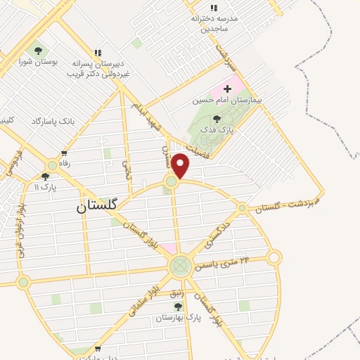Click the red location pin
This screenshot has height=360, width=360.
[181, 165]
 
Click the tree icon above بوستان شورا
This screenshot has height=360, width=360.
[38, 51]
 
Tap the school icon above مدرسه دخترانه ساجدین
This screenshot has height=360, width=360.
[214, 8]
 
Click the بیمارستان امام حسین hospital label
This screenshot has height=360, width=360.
[227, 101]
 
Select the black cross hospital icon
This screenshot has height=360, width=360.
[226, 89]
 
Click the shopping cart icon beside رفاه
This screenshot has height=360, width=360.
[64, 153]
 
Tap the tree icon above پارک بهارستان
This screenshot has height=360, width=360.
[178, 307]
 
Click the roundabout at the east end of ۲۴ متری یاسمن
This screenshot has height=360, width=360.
[274, 258]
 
